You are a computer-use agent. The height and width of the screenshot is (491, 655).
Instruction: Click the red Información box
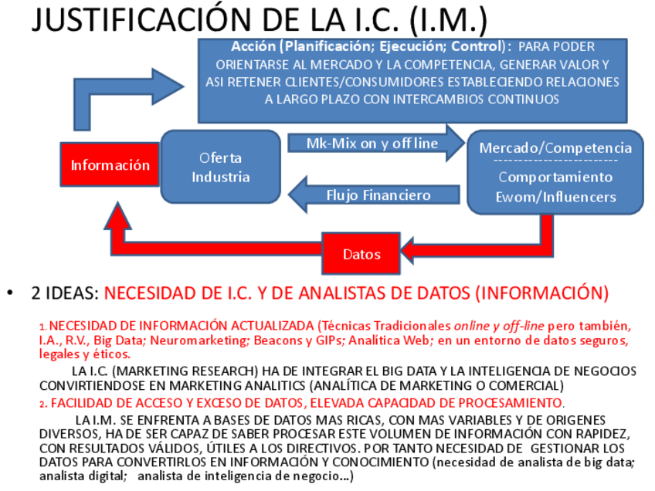[110, 165]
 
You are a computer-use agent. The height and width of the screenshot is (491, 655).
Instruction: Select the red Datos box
[361, 253]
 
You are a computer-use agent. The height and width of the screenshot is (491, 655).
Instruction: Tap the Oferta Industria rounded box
[220, 167]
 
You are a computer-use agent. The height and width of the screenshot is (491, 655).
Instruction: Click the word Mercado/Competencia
[555, 147]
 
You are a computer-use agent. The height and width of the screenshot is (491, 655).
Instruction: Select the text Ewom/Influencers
[555, 197]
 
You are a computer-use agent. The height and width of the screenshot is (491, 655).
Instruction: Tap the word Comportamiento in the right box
[555, 177]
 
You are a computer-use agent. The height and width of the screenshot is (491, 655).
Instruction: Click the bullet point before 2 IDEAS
[10, 293]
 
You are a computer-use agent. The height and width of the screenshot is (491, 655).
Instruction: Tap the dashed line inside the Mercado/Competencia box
[555, 161]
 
